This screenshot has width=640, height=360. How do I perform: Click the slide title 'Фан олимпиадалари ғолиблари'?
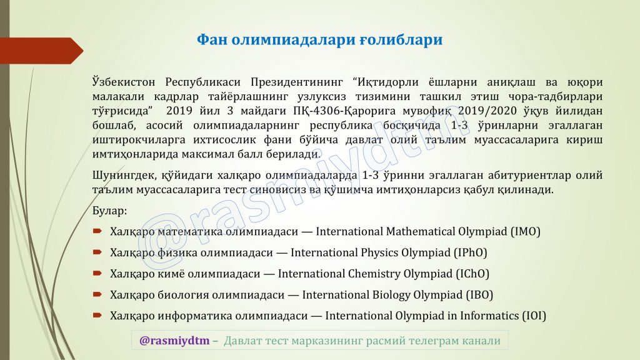319,40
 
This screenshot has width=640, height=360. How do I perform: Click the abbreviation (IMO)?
525,231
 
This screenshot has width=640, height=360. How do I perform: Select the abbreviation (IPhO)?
471,252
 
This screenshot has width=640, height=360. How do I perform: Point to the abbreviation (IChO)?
472,274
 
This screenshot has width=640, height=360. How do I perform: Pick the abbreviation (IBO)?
479,295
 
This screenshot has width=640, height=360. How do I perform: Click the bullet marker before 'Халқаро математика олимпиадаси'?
97,231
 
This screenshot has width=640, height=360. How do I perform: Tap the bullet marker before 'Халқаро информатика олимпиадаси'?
97,315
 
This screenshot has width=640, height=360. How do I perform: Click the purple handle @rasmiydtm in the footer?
174,341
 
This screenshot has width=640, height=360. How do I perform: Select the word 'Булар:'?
109,211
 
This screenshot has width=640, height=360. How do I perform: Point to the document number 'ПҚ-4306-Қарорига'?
344,111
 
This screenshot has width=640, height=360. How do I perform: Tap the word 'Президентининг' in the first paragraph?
297,82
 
